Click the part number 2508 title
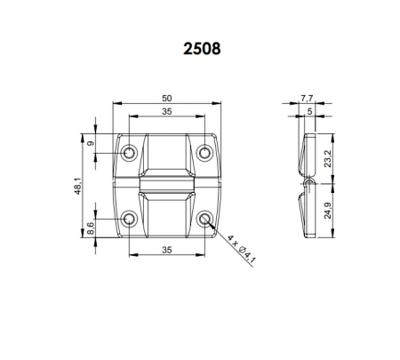coord(199,46)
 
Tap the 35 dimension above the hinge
coord(167,112)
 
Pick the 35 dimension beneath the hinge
coord(167,251)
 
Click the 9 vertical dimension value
coord(90,143)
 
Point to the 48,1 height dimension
coord(77,186)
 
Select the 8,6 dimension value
coord(90,228)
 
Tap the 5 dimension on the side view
coord(308,112)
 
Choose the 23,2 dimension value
coord(328,157)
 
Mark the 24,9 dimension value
coord(328,210)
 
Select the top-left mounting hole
coord(129,153)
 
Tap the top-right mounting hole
coord(205,153)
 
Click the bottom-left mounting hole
coord(129,219)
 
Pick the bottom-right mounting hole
coord(205,219)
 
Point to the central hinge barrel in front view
coord(167,186)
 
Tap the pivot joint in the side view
coord(307,183)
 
